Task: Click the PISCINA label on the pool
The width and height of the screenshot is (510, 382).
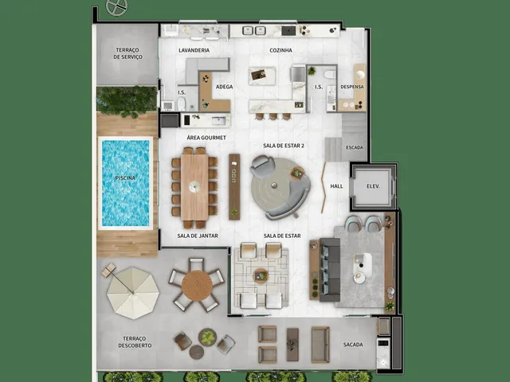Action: [x=125, y=178]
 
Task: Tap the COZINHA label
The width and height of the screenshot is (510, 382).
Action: [x=280, y=50]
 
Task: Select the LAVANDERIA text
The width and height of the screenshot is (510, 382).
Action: [x=194, y=50]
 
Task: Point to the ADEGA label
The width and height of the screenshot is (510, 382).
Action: [x=224, y=87]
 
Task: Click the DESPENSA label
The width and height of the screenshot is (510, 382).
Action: [x=352, y=87]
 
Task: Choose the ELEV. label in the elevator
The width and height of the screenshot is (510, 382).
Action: [x=373, y=186]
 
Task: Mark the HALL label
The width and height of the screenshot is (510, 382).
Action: [x=336, y=186]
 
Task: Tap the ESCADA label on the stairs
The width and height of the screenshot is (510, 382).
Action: [x=354, y=147]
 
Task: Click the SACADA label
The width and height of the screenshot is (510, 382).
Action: [x=353, y=345]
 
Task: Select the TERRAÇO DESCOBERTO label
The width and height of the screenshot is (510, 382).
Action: [x=135, y=342]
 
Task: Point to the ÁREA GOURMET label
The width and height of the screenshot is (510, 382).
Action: [x=206, y=138]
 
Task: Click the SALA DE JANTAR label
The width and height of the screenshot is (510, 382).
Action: [x=198, y=236]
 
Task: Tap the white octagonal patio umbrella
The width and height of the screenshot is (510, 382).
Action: [x=133, y=293]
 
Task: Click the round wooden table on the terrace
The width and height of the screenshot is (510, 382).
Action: [x=197, y=286]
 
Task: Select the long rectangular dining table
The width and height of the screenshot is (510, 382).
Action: [x=194, y=188]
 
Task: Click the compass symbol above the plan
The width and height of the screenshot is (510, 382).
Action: [x=117, y=7]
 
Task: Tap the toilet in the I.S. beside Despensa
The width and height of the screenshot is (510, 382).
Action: [x=329, y=74]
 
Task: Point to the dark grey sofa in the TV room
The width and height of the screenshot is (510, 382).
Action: [x=330, y=270]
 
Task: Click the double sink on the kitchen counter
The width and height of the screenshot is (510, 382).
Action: [x=254, y=30]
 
